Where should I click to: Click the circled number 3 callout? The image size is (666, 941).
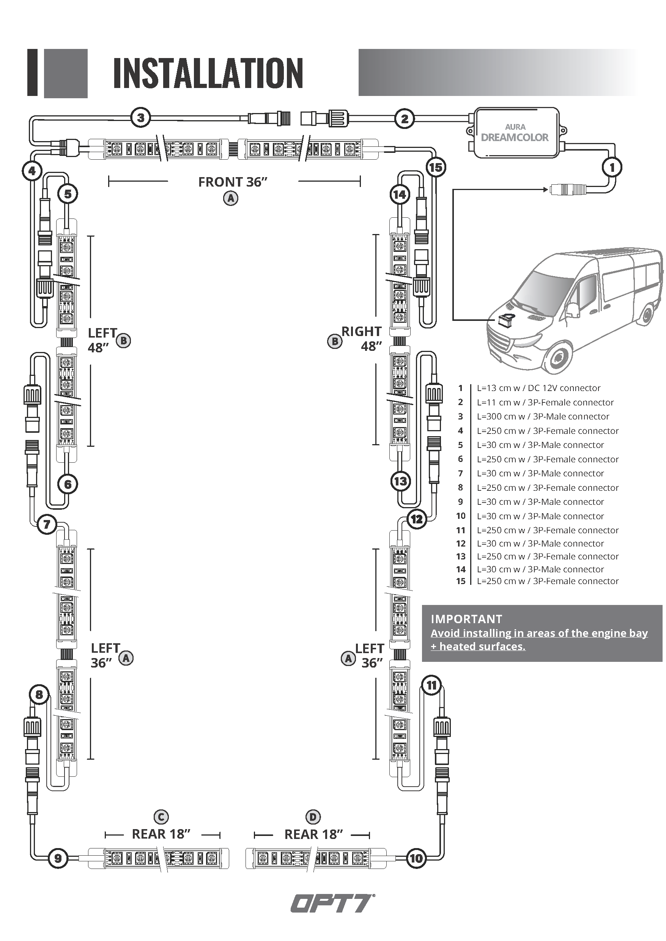coord(141,118)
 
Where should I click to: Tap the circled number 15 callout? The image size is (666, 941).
coord(436,167)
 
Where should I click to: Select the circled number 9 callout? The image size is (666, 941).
coord(58,858)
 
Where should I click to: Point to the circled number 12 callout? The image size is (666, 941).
coord(417,520)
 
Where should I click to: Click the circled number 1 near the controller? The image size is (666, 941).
coord(612,167)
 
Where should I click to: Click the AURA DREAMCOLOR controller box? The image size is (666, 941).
coord(515,133)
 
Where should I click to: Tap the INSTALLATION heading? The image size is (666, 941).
coord(208,73)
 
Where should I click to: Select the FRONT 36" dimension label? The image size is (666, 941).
coord(233,182)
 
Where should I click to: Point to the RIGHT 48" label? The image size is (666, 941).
coord(362,339)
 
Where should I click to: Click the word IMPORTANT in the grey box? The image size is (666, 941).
coord(466,619)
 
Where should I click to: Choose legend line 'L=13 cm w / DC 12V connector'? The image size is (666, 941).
coord(538,388)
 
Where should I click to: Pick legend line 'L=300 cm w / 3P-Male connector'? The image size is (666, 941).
coord(543,416)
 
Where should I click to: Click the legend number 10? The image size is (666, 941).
coord(461,516)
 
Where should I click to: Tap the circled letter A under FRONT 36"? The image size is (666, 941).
coord(230,199)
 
